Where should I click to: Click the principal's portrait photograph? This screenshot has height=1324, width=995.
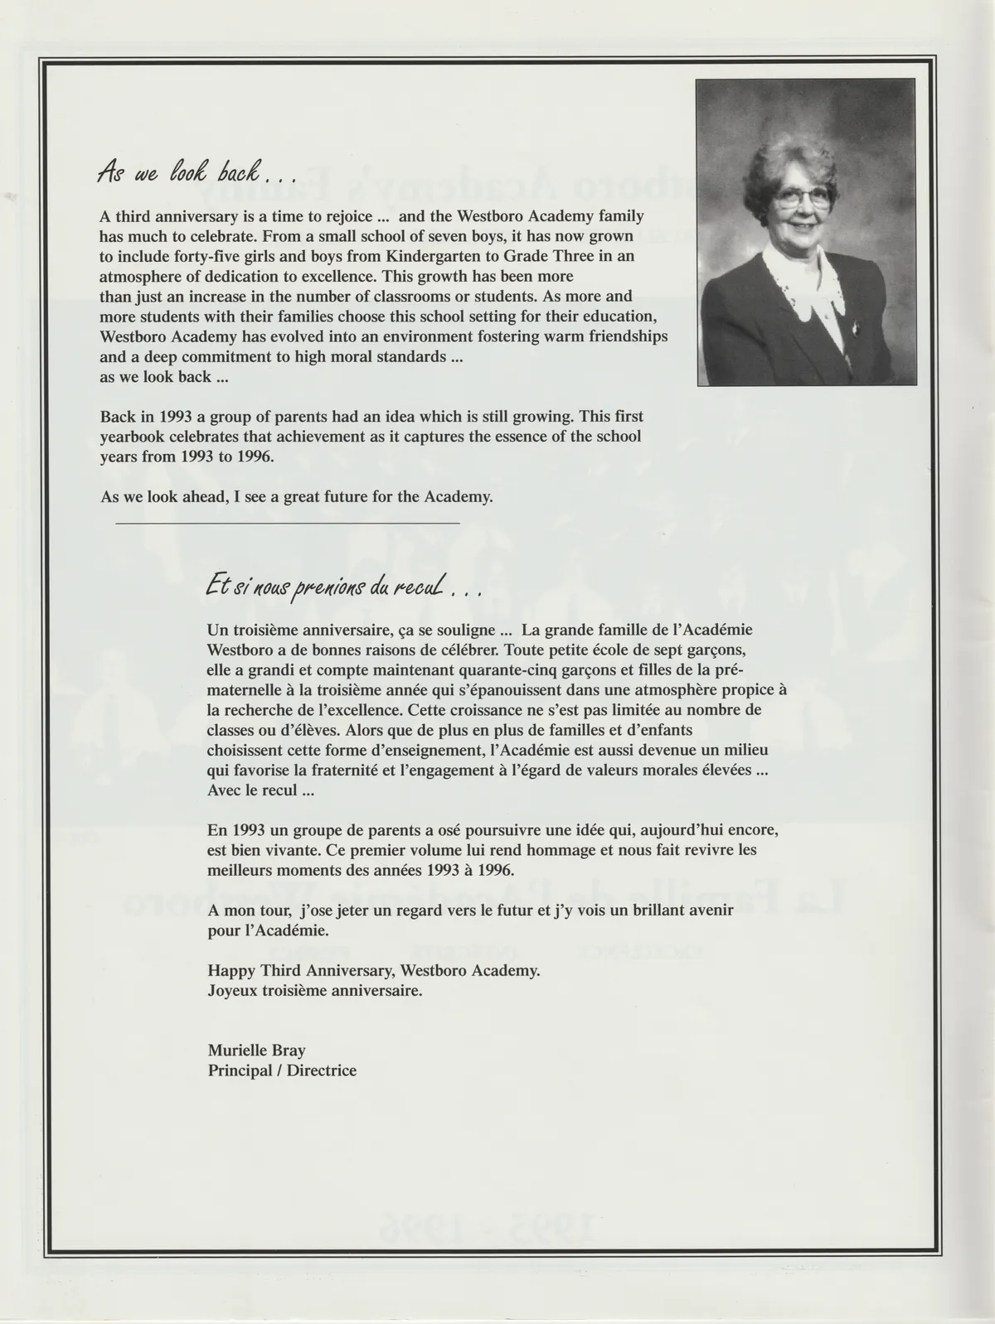coord(805,231)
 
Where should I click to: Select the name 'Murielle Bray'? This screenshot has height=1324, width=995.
coord(257,1051)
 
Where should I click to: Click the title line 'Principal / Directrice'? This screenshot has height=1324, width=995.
coord(282,1070)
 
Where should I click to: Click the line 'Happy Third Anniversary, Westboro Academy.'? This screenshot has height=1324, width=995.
coord(374,970)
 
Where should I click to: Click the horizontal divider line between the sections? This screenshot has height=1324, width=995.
coord(287,524)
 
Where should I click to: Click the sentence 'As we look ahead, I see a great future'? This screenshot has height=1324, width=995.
coord(296,497)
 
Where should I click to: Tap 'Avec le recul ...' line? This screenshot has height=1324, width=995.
coord(261,790)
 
